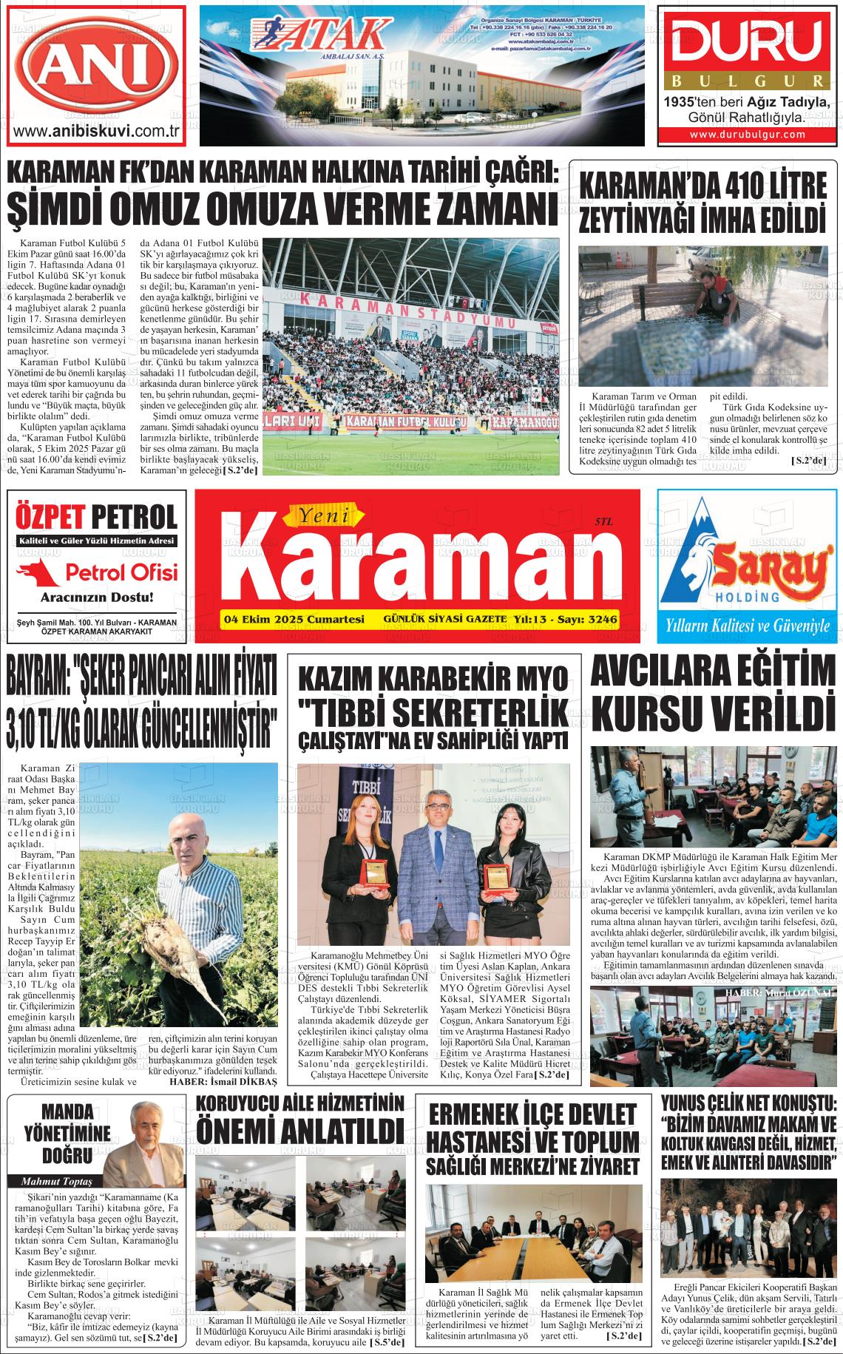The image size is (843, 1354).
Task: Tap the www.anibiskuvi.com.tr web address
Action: coord(98,132)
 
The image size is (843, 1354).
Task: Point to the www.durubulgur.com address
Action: coord(747,135)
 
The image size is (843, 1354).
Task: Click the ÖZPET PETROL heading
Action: coord(96,517)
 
